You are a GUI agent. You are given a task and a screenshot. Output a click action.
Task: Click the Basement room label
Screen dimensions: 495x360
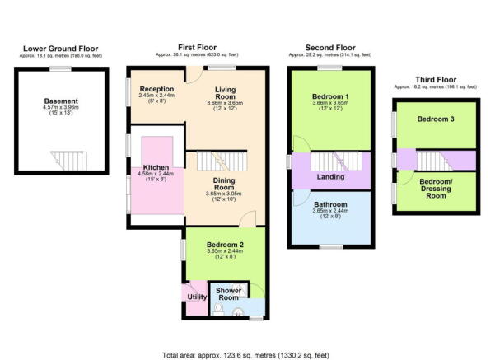pos(61,101)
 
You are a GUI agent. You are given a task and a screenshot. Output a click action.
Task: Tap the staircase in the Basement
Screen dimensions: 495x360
pos(69,161)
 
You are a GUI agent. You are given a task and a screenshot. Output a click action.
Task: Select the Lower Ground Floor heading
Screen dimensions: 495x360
pos(61,49)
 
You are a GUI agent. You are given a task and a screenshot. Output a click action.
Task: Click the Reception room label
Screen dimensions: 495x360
pos(156,89)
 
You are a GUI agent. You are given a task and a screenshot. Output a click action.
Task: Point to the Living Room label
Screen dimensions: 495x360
pos(225,93)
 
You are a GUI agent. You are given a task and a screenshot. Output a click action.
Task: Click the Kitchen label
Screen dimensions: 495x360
pos(156,167)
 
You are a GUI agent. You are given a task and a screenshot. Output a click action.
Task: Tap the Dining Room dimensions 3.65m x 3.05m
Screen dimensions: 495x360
pos(223,194)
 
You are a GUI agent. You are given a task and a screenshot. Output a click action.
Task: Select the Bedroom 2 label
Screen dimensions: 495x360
pos(225,245)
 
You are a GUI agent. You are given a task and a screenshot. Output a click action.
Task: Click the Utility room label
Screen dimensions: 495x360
pos(197,297)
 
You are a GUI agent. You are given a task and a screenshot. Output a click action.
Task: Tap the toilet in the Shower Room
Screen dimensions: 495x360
pos(218,309)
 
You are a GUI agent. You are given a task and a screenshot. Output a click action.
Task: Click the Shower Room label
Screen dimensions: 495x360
pos(229,294)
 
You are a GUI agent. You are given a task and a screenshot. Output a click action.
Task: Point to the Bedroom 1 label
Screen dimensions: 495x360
pos(330,96)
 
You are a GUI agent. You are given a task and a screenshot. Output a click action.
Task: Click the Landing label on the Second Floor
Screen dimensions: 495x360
pos(330,177)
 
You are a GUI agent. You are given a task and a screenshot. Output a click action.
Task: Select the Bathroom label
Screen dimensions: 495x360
pos(330,204)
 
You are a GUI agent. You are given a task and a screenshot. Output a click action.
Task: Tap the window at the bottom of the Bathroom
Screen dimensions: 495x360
pos(331,247)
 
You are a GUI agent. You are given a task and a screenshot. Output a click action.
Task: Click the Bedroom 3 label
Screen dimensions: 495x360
pos(436,119)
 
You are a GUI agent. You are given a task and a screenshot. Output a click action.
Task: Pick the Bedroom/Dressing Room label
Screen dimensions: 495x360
pos(436,189)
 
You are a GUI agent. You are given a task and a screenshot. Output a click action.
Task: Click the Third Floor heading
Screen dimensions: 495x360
pos(436,80)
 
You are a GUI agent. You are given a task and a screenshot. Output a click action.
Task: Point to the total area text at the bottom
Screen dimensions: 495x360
pos(245,355)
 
